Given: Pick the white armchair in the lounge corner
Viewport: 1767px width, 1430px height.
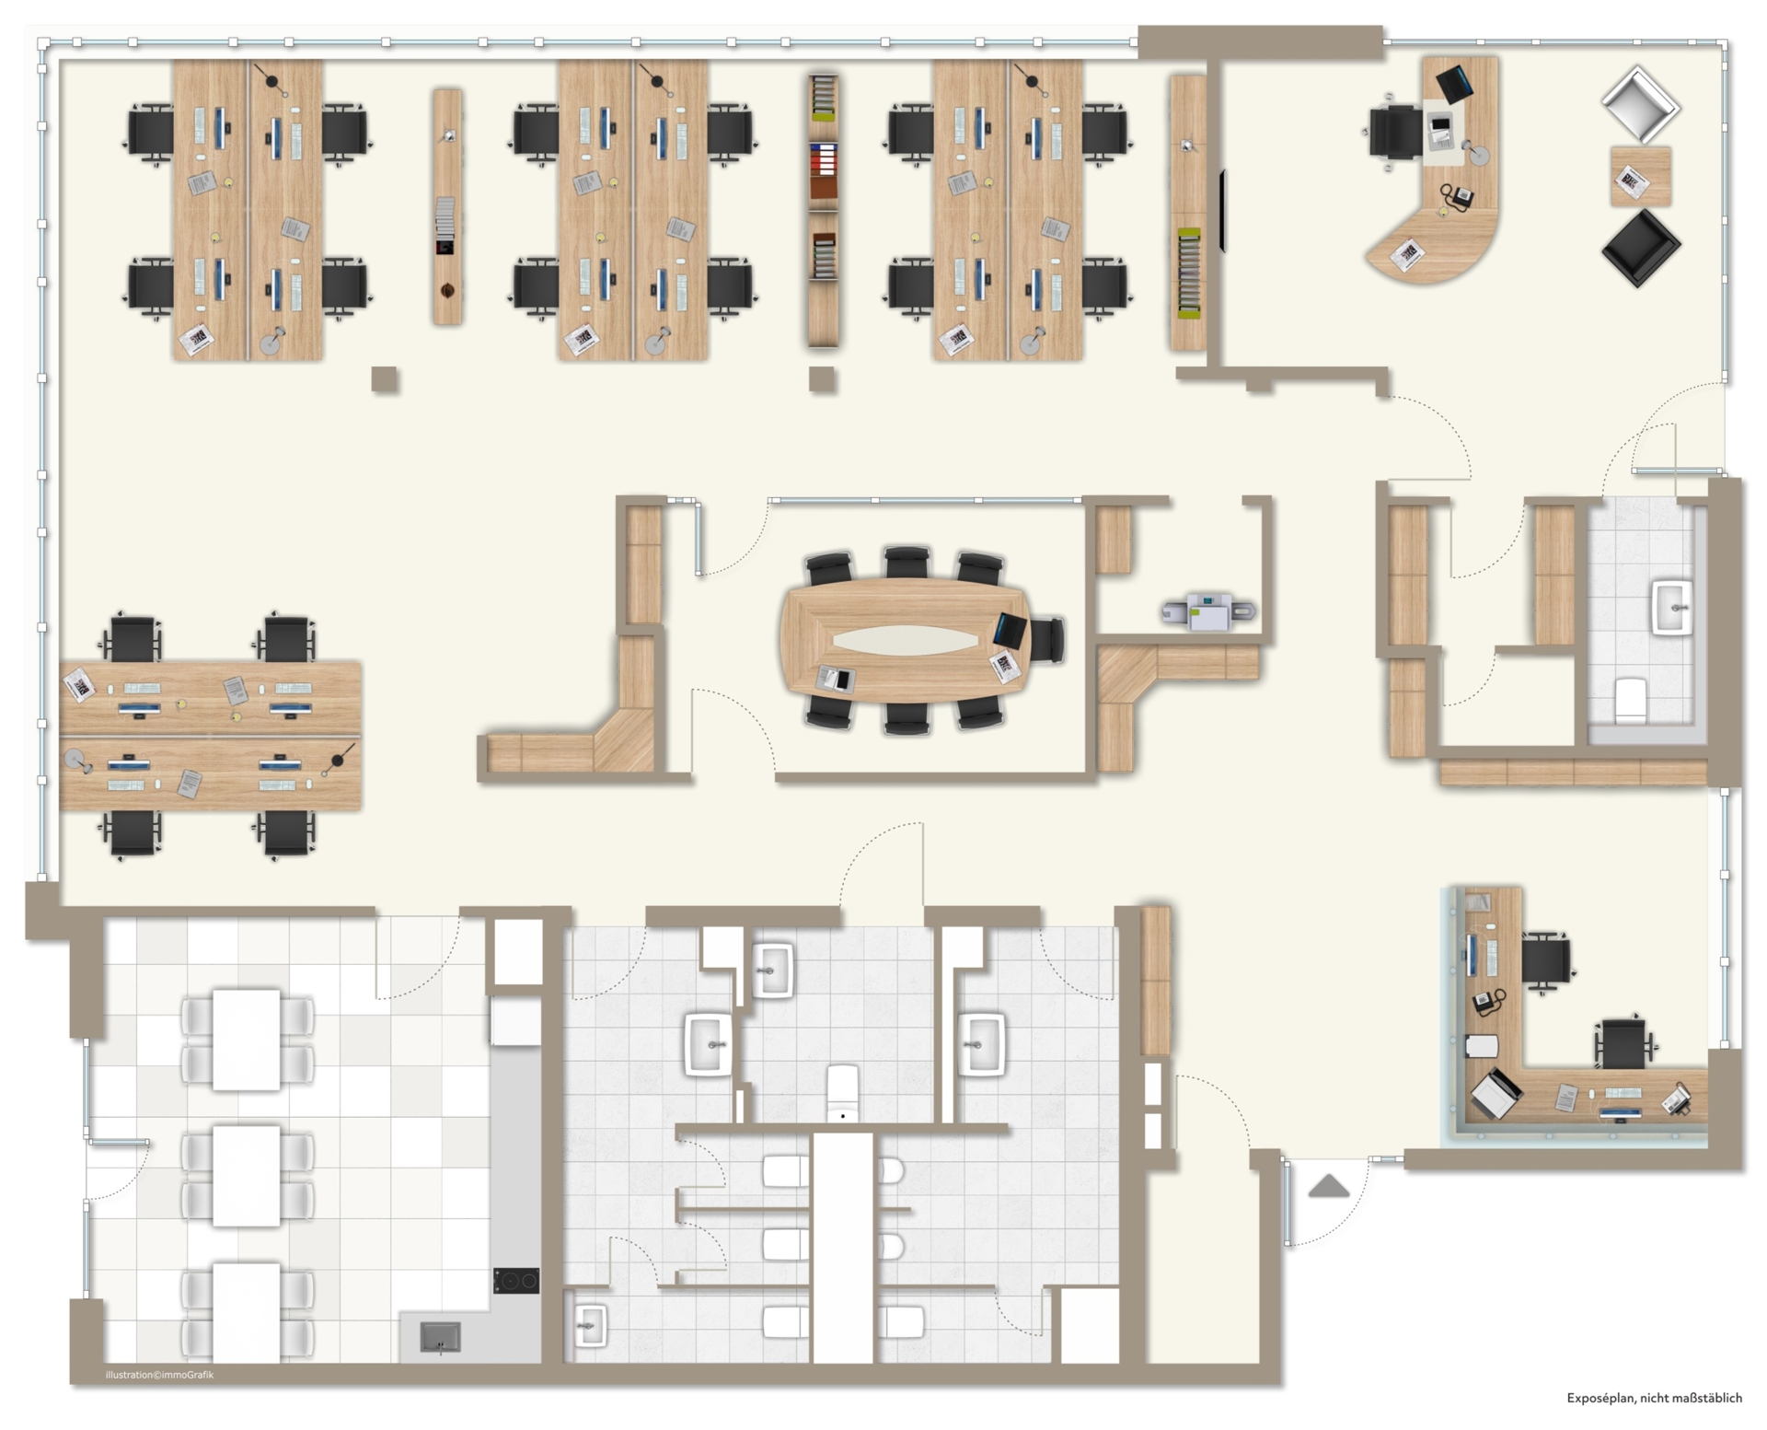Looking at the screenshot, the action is (1640, 103).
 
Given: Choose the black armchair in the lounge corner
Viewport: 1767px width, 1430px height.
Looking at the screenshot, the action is (1641, 248).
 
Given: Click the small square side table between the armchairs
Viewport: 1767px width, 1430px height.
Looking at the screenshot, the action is (1641, 177).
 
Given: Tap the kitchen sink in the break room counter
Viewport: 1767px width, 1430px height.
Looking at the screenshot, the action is (441, 1337).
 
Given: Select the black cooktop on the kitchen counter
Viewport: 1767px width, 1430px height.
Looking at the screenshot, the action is (516, 1281).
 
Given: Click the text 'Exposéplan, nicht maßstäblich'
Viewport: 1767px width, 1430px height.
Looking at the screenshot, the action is (1655, 1398).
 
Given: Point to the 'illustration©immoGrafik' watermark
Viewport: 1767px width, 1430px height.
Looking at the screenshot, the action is (159, 1375).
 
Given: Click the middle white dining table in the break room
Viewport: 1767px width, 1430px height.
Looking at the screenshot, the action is (247, 1176).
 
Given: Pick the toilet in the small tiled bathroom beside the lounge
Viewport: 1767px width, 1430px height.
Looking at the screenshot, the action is (1630, 700).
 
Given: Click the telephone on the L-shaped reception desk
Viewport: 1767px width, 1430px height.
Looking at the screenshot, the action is (1485, 1001).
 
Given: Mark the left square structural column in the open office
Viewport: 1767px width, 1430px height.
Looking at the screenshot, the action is (385, 379).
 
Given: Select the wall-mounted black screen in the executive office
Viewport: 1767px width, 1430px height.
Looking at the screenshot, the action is (1223, 211).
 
